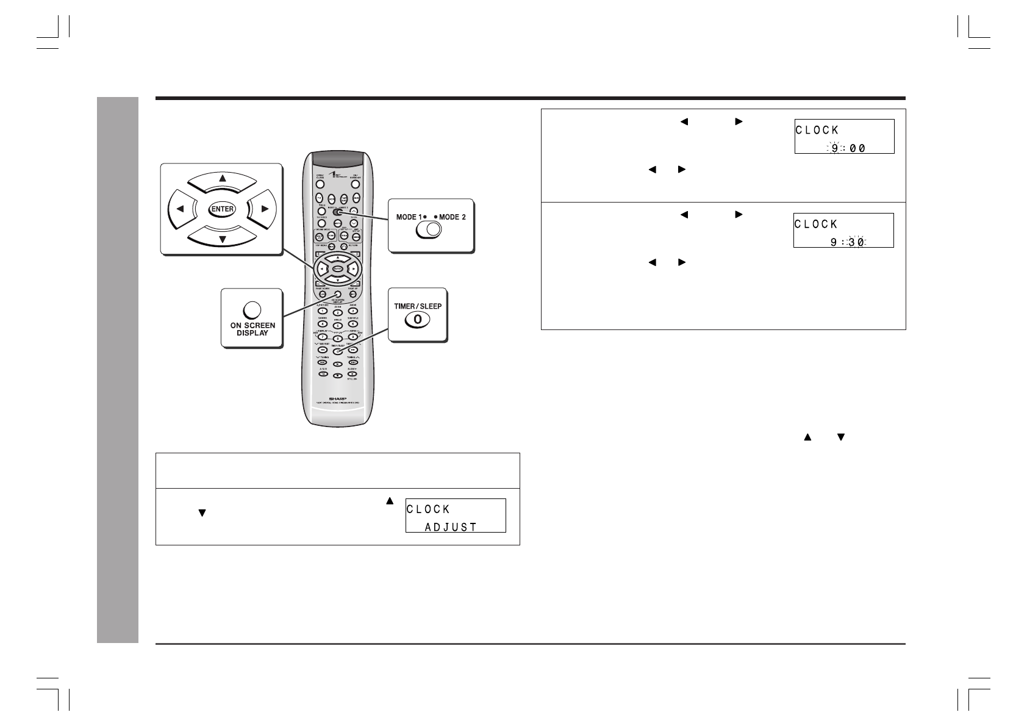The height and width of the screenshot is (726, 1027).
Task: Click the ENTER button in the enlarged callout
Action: [x=222, y=209]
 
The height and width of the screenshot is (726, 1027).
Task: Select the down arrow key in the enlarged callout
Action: [x=222, y=239]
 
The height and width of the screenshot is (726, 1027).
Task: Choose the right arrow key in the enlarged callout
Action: [x=263, y=209]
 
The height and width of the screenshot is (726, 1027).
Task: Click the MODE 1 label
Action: [x=409, y=217]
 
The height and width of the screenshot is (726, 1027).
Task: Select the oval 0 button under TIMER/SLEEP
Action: [x=417, y=319]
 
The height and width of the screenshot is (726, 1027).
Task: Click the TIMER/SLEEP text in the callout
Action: [x=418, y=306]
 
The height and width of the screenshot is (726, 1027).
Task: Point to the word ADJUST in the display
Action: [x=451, y=527]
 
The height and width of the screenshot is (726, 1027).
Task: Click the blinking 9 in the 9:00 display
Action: [x=834, y=148]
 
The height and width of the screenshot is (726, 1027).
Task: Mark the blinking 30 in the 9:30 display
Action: [x=856, y=242]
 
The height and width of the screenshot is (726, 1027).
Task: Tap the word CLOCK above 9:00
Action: [x=817, y=130]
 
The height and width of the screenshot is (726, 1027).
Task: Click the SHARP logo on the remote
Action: [x=337, y=395]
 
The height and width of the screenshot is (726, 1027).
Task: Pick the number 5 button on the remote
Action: [x=337, y=325]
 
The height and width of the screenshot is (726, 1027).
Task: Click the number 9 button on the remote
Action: [x=352, y=337]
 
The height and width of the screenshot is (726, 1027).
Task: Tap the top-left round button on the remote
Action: [x=320, y=184]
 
